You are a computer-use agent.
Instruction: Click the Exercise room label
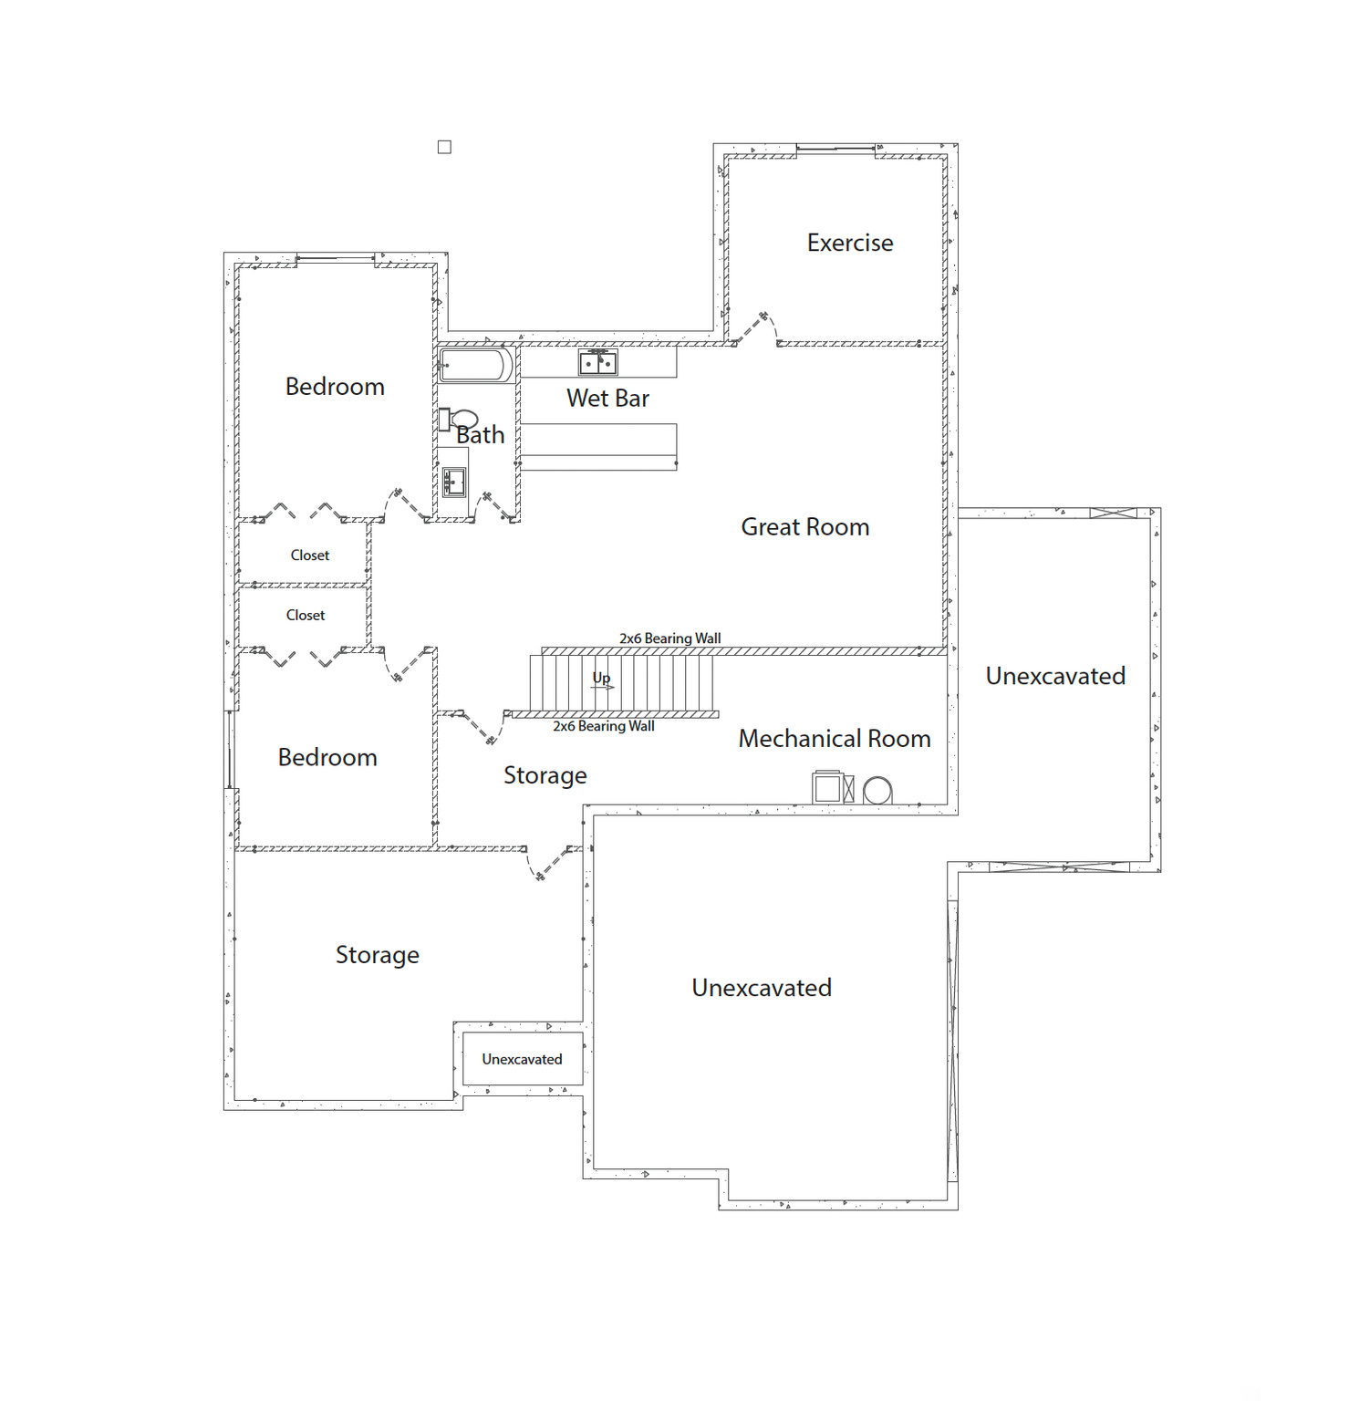[849, 243]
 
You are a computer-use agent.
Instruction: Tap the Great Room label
[804, 527]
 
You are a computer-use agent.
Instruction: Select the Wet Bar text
[607, 399]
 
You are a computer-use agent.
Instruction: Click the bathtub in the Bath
[475, 365]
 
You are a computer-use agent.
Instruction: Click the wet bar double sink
[598, 363]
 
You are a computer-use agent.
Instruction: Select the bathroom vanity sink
[454, 482]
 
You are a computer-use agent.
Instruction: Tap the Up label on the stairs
[601, 678]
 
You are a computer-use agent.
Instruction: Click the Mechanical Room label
[834, 739]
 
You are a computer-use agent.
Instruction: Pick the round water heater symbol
[877, 791]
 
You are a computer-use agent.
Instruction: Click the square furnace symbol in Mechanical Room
[827, 787]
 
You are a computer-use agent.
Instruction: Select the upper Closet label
[310, 555]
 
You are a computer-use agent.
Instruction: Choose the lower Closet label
[306, 616]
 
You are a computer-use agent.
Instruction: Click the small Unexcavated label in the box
[522, 1059]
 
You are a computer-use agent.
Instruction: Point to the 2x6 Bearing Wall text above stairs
[669, 638]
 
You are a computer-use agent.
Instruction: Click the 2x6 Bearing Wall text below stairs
[603, 726]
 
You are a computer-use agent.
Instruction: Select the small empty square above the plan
[444, 147]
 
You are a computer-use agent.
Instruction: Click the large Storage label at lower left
[377, 955]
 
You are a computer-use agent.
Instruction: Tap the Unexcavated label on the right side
[1055, 676]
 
